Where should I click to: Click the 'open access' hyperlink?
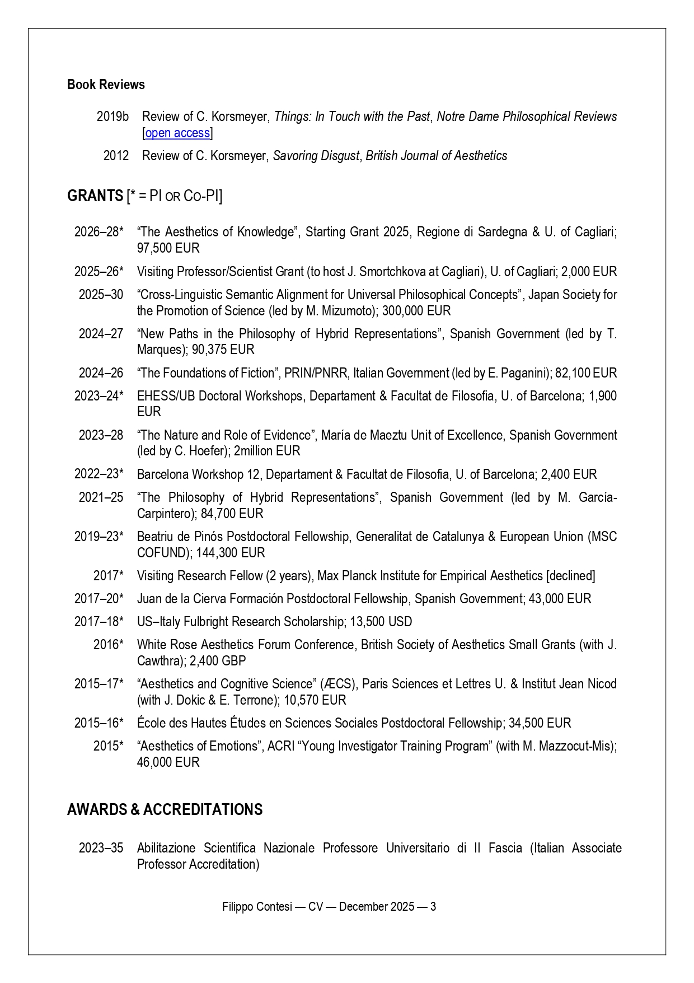177,133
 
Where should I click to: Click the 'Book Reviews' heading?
106,85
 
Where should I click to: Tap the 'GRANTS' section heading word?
95,196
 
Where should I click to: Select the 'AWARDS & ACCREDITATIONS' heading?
165,810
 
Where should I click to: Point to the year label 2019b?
112,117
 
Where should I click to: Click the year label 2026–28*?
99,232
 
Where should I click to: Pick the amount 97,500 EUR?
168,248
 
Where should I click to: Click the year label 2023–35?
101,848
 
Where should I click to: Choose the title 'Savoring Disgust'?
316,156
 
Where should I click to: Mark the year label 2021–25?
101,497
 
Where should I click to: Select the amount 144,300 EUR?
230,553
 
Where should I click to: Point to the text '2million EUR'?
267,451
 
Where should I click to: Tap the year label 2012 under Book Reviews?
116,156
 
